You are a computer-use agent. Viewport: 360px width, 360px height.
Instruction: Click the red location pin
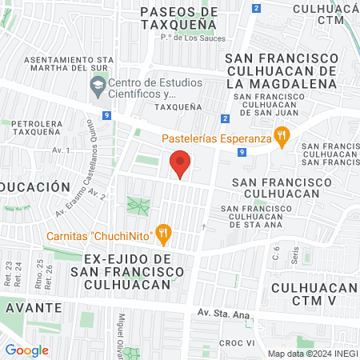[181, 164]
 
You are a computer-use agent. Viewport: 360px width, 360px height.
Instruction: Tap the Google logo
[26, 350]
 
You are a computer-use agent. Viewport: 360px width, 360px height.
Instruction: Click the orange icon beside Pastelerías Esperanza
[281, 137]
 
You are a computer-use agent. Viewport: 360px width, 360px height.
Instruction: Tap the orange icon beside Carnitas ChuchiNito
[164, 234]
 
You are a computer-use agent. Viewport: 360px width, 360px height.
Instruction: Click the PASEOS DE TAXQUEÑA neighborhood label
[178, 18]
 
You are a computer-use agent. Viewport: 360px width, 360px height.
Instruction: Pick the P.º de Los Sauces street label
[193, 37]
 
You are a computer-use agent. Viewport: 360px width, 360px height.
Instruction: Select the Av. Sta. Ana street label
[223, 314]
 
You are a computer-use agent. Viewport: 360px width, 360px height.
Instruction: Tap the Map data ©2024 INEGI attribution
[311, 353]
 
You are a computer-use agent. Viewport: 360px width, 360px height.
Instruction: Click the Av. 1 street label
[61, 150]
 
